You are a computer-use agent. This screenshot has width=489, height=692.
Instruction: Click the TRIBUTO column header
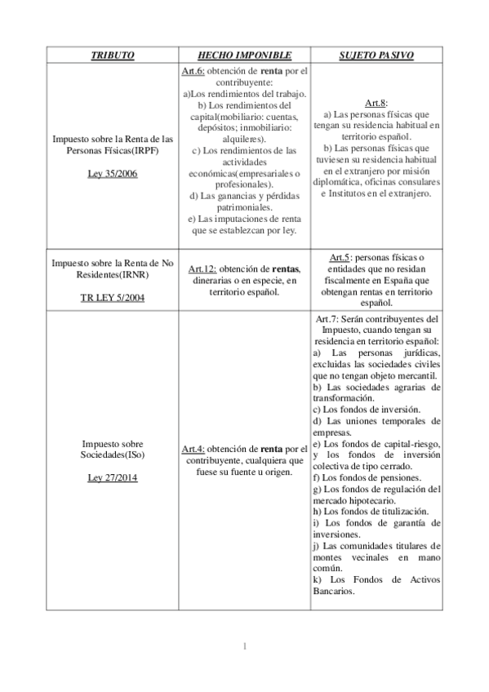click(x=113, y=55)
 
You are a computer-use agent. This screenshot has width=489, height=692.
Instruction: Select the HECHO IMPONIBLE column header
click(x=244, y=55)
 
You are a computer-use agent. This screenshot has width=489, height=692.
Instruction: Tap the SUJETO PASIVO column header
click(x=376, y=55)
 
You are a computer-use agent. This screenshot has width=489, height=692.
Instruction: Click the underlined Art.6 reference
click(x=192, y=72)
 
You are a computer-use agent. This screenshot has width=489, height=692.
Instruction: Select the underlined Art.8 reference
click(x=376, y=103)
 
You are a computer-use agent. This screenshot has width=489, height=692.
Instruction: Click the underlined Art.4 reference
click(x=193, y=449)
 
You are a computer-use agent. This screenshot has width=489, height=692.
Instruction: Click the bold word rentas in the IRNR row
click(x=287, y=269)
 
